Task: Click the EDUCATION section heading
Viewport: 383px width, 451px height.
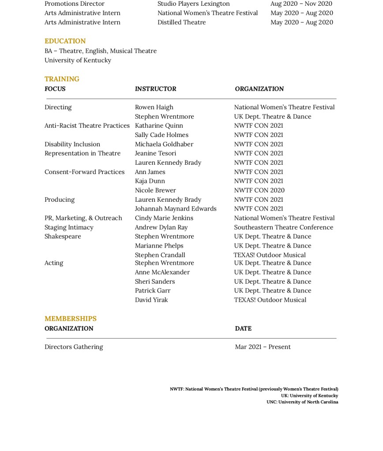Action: [x=65, y=41]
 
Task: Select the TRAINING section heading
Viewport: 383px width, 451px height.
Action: [x=62, y=79]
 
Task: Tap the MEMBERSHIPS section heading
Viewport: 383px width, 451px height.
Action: [x=70, y=318]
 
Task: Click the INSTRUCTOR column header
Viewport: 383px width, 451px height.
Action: [x=155, y=89]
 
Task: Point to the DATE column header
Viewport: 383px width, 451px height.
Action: [x=243, y=329]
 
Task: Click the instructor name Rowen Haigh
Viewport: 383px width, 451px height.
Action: [x=154, y=107]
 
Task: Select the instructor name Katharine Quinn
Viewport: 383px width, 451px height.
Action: [x=159, y=126]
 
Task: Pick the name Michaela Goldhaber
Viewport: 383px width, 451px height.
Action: [x=164, y=144]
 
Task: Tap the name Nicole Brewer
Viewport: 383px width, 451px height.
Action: [x=155, y=190]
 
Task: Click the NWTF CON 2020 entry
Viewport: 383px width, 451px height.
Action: [x=259, y=190]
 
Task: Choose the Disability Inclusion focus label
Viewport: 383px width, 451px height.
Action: [x=72, y=144]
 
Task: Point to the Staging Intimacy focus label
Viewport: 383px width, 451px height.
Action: [x=69, y=227]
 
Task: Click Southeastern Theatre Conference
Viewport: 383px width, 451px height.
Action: [x=283, y=227]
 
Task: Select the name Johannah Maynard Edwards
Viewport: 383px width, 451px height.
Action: [x=176, y=209]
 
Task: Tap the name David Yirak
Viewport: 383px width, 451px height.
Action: [x=151, y=300]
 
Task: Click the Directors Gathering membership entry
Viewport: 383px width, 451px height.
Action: [x=74, y=347]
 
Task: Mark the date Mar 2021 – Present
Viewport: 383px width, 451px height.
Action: [x=263, y=347]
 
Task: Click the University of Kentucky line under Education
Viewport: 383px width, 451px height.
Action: [x=78, y=60]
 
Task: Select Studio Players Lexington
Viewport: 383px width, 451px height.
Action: [x=193, y=4]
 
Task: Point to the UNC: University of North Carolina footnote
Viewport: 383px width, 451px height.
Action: [x=302, y=402]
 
